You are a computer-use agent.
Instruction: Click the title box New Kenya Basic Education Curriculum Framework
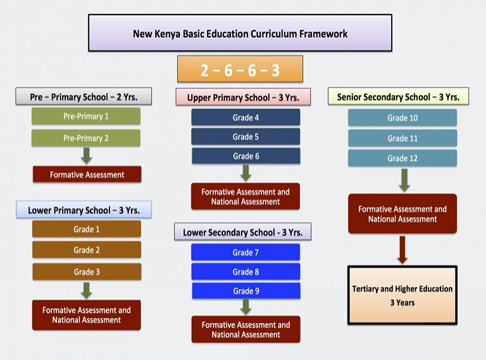click(240, 33)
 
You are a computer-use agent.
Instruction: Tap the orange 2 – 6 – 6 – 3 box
click(240, 69)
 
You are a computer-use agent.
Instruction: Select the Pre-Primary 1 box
click(86, 116)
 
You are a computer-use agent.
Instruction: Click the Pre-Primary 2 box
click(86, 138)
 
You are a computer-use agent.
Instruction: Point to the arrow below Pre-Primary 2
click(87, 155)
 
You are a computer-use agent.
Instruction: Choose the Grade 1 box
click(87, 229)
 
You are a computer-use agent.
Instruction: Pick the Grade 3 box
click(87, 272)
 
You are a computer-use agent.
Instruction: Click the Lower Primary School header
click(84, 210)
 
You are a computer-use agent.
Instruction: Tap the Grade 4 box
click(246, 117)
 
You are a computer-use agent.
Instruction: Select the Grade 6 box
click(246, 156)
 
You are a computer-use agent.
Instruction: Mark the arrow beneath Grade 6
click(246, 173)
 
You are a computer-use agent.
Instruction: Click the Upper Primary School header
click(243, 97)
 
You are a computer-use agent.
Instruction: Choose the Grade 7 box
click(246, 252)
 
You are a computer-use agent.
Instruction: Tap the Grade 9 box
click(246, 291)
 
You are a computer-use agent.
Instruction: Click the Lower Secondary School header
click(242, 232)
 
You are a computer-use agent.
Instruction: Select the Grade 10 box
click(402, 118)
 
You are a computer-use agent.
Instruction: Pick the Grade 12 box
click(402, 158)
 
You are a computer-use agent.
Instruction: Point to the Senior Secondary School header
click(398, 97)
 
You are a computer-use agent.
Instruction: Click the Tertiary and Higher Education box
click(402, 295)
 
